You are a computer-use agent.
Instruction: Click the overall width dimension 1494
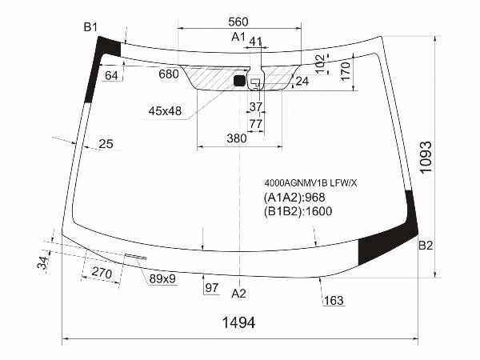click(x=238, y=322)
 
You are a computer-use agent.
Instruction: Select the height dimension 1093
click(x=426, y=158)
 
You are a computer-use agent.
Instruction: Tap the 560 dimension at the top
click(x=238, y=22)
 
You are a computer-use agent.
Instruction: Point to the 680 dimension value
click(x=169, y=74)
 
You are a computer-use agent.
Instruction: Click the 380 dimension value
click(x=237, y=138)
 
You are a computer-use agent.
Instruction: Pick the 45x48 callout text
click(x=165, y=111)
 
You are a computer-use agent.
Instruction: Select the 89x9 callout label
click(x=162, y=278)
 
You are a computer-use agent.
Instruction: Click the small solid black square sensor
click(x=239, y=81)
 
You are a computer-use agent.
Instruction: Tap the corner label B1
click(x=90, y=27)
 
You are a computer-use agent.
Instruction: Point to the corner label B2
click(x=426, y=246)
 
